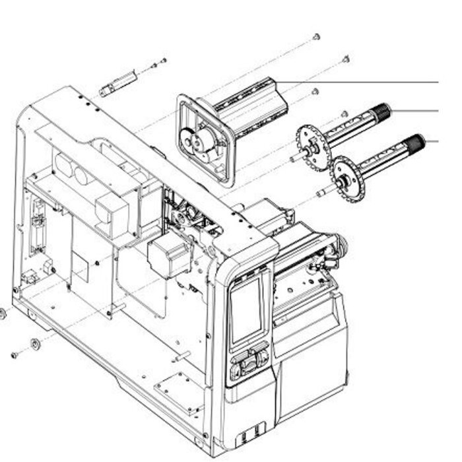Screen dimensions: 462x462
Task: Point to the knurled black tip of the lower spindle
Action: [415, 142]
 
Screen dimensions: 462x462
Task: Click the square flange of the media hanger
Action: [204, 139]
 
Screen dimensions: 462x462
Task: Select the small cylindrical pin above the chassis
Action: [116, 85]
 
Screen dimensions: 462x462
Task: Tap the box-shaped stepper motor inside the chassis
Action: [168, 256]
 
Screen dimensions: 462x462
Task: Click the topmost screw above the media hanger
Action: [316, 37]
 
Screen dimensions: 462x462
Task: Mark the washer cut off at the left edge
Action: [2, 313]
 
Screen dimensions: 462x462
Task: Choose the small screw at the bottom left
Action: [14, 355]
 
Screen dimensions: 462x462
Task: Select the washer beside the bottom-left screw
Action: [34, 343]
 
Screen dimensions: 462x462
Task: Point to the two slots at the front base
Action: [246, 436]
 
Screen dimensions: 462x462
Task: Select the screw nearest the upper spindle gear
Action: [345, 114]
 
